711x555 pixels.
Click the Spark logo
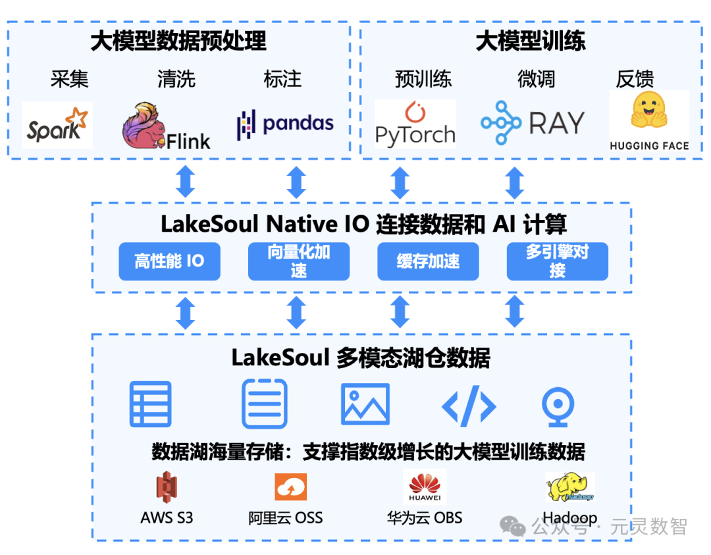click(57, 125)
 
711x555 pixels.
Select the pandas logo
click(285, 124)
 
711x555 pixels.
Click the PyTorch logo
click(415, 124)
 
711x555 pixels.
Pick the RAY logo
click(532, 123)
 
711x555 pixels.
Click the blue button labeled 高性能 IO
click(169, 261)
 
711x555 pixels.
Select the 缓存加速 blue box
click(428, 261)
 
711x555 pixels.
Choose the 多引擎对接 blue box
click(557, 261)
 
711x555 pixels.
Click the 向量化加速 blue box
click(298, 261)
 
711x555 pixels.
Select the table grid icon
click(150, 404)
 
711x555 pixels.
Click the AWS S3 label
click(167, 517)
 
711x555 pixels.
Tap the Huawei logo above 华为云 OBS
click(425, 487)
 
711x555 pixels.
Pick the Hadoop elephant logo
click(570, 488)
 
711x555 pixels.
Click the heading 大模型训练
click(530, 41)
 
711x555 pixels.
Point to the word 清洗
click(176, 79)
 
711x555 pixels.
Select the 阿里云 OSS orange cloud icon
click(290, 487)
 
